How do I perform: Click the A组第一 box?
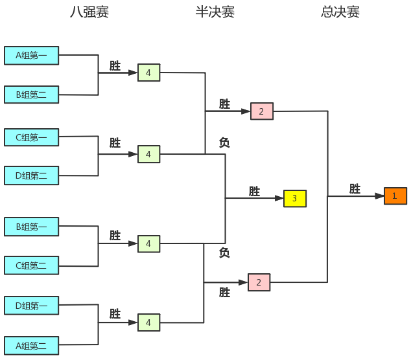coord(31,56)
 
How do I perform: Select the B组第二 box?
coord(31,95)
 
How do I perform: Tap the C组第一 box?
coord(31,137)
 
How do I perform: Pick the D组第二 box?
coord(31,175)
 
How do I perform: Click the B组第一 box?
coord(31,227)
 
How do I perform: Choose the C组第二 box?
coord(31,265)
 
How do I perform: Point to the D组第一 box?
coord(31,306)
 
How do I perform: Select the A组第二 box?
coord(31,346)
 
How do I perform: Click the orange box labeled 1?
coord(395,196)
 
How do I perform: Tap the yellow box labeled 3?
coord(294,198)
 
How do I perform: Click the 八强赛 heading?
coord(89,12)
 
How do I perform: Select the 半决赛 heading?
coord(215,12)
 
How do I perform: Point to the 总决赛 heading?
coord(340,12)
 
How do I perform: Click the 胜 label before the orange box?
coord(355,188)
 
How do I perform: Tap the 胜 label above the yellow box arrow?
coord(254,191)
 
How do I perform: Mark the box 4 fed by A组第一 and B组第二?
coord(148,73)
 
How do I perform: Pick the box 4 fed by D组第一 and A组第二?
coord(148,322)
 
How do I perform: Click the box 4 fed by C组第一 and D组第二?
coord(148,154)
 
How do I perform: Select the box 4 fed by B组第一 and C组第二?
coord(148,243)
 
